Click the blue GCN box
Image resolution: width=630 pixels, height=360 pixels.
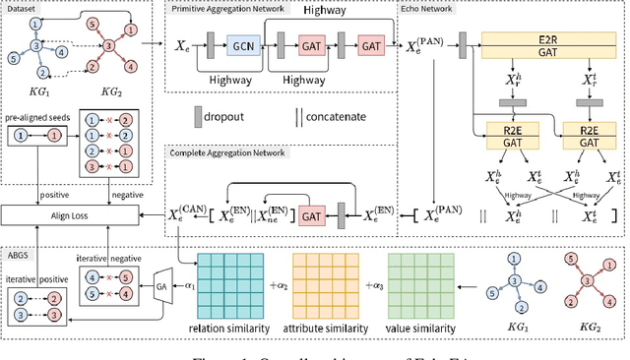point(243,46)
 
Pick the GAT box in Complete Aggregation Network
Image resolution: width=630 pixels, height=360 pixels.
point(311,212)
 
